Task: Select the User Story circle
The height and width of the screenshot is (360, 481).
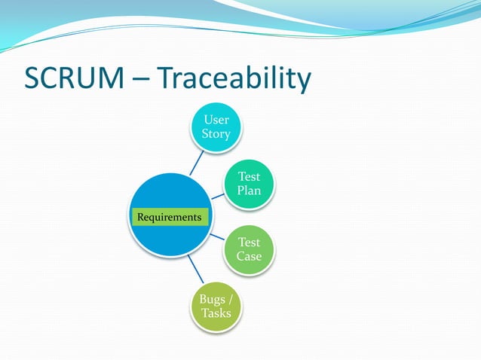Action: (x=216, y=127)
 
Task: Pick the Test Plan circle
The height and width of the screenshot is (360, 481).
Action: (x=249, y=184)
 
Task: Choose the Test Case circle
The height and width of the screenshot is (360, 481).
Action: (x=249, y=249)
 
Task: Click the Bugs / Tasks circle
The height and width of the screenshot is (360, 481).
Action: (x=216, y=306)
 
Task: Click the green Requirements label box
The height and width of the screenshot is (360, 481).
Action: (x=169, y=217)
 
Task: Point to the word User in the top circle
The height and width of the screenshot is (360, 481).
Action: (x=216, y=120)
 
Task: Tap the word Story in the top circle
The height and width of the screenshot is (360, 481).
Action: (x=216, y=134)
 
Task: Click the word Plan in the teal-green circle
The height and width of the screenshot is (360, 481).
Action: (x=249, y=191)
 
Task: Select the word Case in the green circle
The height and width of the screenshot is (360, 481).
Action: (x=249, y=256)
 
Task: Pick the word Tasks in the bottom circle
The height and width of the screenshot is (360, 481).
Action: (x=216, y=313)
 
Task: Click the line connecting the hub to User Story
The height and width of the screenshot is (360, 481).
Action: (x=198, y=163)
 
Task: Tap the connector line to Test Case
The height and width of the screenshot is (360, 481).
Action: (x=218, y=238)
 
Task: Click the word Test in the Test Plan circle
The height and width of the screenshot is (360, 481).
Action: (x=249, y=176)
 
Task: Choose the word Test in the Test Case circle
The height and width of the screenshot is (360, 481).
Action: (x=249, y=242)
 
